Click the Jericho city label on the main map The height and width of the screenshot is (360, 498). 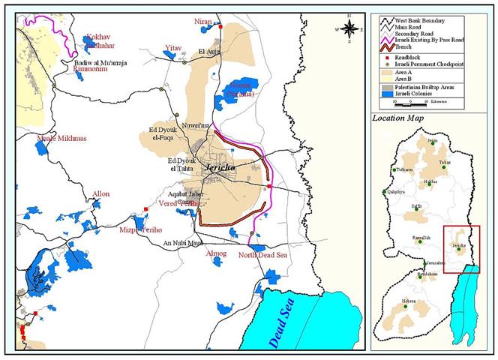pyautogui.click(x=218, y=170)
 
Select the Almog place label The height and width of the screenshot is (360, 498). pyautogui.click(x=216, y=254)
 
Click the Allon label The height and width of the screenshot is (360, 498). pyautogui.click(x=100, y=194)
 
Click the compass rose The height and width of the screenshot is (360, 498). pyautogui.click(x=349, y=28)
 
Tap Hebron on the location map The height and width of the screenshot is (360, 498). pyautogui.click(x=408, y=301)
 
